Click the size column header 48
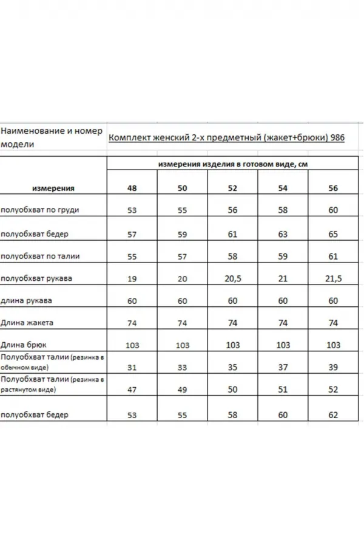coord(132,188)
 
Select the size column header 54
coord(283,188)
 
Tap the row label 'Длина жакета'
coord(23,323)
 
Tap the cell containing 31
coord(132,368)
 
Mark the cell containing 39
coord(333,368)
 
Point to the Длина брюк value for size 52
coord(232,345)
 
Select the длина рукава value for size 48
coord(132,301)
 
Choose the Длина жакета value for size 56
coord(333,323)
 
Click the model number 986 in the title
coord(337,138)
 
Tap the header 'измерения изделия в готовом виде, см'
coord(233,165)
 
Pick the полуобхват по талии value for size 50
coord(182,256)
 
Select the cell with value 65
coord(333,233)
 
